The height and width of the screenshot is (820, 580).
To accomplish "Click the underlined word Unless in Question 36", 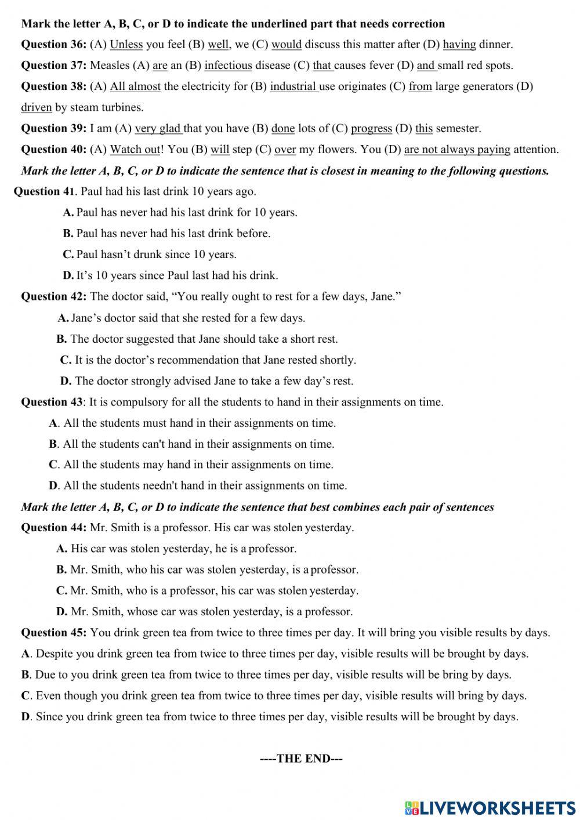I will point(126,44).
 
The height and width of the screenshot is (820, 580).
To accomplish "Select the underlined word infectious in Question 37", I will point(228,66).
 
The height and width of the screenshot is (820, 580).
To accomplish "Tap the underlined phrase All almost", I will point(135,86).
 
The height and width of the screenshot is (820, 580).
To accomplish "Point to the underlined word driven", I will point(36,107).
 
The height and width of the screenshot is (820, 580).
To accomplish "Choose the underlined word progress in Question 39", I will point(371,128).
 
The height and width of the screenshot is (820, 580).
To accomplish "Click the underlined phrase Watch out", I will point(135,150).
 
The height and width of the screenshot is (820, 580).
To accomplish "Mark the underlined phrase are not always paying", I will point(457,150).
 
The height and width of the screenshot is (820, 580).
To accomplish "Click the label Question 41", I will point(44,191).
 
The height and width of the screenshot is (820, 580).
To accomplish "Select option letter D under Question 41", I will point(67,275).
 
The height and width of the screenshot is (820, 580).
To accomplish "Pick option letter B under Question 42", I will point(61,339).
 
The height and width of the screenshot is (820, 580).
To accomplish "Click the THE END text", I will point(302,759).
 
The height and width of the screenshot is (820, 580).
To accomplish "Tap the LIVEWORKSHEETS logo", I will point(490,808).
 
